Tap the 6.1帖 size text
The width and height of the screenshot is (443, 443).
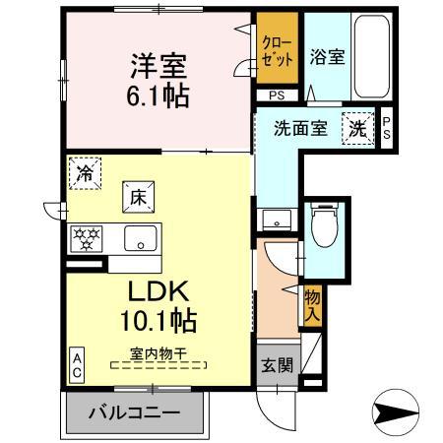pos(157,96)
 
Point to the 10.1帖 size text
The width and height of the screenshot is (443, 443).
pos(158,321)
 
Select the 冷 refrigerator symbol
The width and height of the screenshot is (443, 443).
pos(84,173)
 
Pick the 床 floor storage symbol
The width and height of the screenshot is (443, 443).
pos(136,196)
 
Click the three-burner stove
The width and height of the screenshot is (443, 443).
pos(87,238)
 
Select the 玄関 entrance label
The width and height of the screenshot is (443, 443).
pos(278,365)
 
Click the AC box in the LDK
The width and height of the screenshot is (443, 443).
pos(76,366)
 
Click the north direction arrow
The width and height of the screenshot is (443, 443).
pos(405,411)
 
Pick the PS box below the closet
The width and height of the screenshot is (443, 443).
pos(279,95)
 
